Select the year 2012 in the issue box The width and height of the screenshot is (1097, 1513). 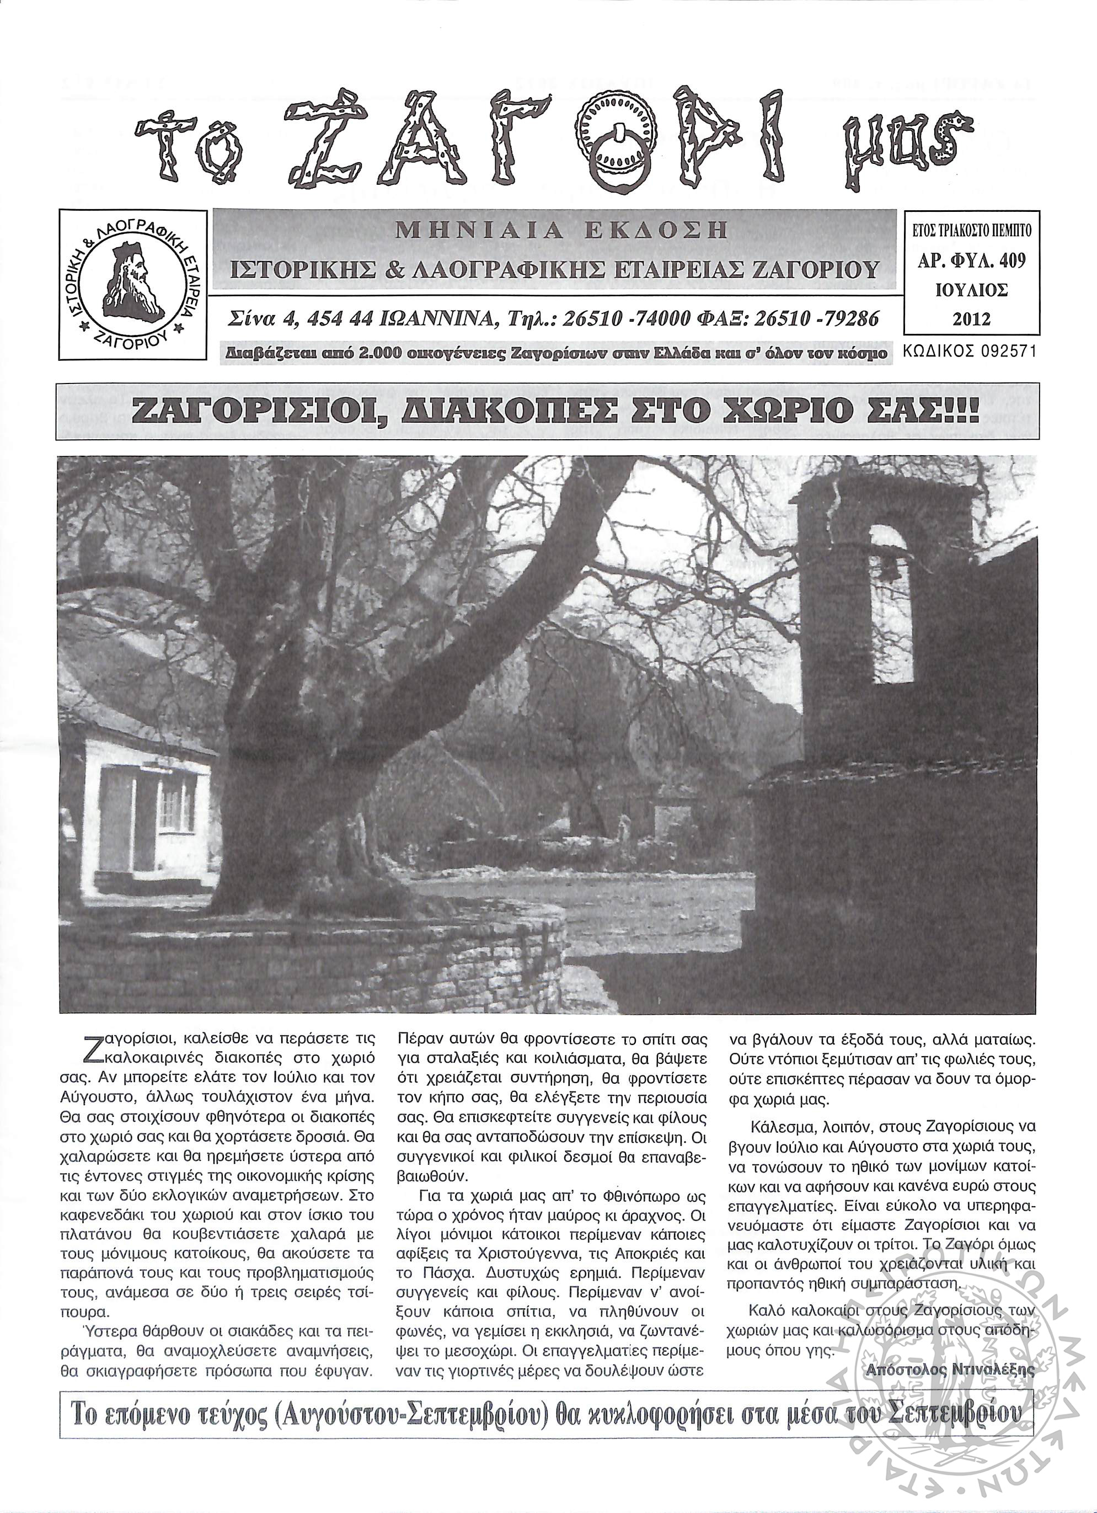click(x=972, y=318)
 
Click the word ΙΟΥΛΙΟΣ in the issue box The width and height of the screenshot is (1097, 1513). click(x=972, y=290)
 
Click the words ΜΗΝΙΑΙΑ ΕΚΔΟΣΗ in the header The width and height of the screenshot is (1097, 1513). click(x=561, y=231)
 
